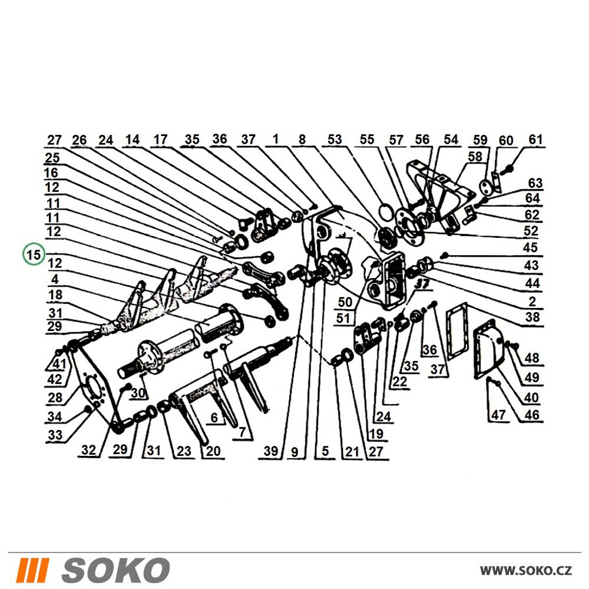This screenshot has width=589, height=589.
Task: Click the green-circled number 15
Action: click(34, 254)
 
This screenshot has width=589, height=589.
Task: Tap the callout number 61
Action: click(535, 140)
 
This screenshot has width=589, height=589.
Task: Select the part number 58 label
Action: click(475, 156)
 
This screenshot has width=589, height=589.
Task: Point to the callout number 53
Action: click(335, 140)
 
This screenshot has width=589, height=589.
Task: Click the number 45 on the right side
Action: click(531, 247)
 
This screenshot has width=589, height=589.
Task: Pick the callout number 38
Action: click(532, 317)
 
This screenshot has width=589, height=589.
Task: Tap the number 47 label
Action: click(499, 415)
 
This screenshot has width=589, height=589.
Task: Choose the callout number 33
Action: click(55, 435)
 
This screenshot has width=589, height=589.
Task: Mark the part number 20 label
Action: click(213, 451)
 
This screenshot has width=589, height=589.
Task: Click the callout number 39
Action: click(271, 451)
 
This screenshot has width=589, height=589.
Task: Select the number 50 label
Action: click(345, 302)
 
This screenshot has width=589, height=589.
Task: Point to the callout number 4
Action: click(55, 279)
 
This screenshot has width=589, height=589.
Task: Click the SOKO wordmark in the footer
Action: click(115, 570)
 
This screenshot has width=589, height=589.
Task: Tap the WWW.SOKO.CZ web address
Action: click(526, 570)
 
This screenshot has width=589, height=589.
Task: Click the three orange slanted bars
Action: click(35, 570)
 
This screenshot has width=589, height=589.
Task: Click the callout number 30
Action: click(138, 393)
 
